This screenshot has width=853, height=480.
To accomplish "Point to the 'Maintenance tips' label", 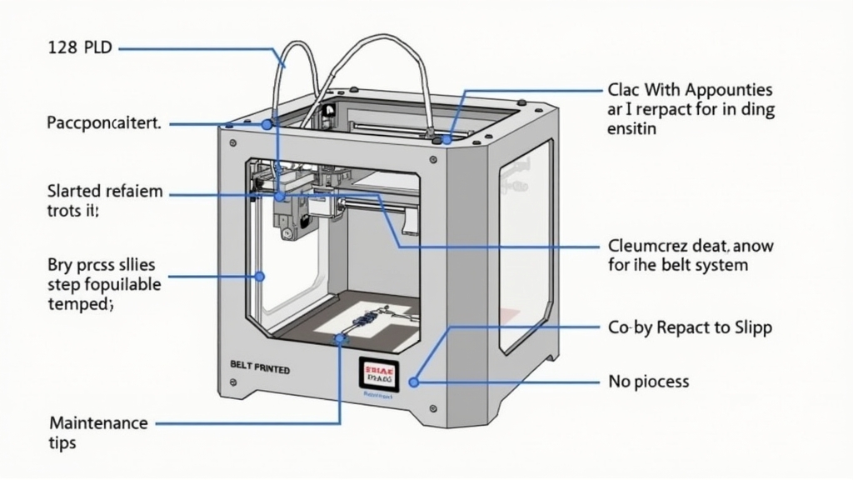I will [97, 432].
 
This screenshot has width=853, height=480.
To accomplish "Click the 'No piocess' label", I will [649, 382].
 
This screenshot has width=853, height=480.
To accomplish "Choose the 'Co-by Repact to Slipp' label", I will [690, 327].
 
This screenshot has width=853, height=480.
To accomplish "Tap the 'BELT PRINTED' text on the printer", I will [259, 367].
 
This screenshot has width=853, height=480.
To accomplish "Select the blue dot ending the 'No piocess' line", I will [415, 382].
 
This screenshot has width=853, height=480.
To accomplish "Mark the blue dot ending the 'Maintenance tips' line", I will [339, 339].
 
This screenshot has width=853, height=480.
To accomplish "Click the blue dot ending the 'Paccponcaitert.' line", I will [267, 124].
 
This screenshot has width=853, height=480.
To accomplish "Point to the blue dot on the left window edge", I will [260, 275].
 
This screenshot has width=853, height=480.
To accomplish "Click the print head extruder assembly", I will [291, 208].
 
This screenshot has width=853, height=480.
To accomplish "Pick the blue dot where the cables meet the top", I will [447, 138].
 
